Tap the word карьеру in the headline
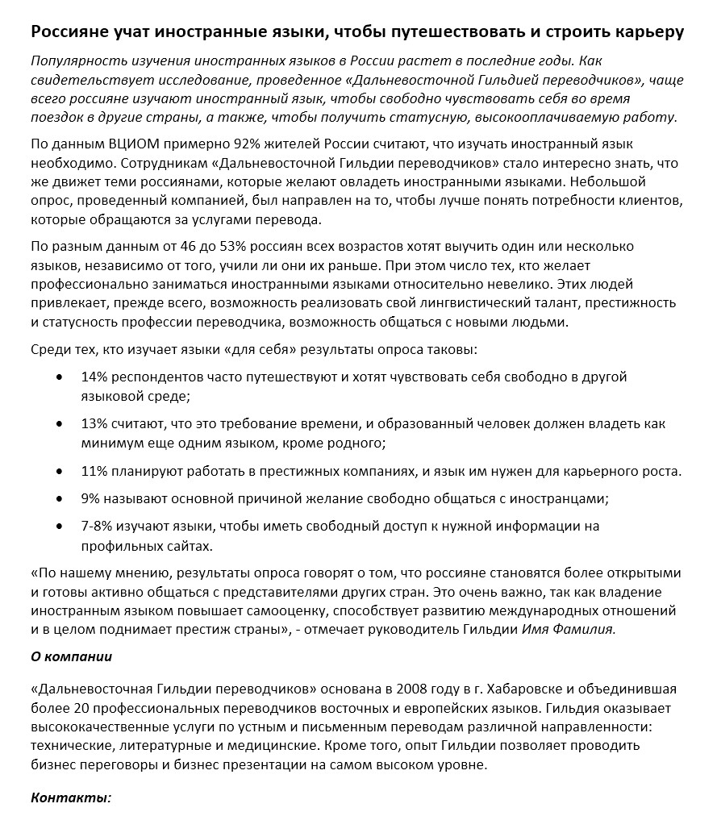tap(644, 32)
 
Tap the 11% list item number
tap(94, 471)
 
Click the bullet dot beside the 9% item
tap(60, 498)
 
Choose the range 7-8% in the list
tap(98, 526)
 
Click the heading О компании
tap(71, 656)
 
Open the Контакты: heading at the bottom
tap(70, 797)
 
